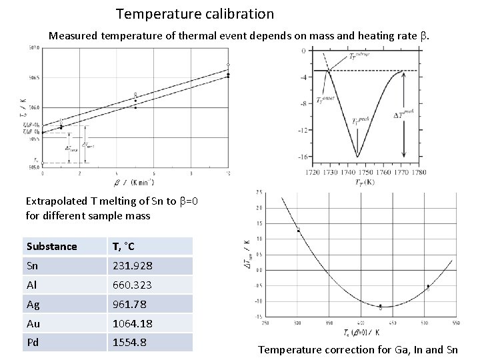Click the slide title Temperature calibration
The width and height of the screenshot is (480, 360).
[195, 13]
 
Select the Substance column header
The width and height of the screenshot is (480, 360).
[52, 247]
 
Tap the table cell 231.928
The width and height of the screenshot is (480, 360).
[132, 266]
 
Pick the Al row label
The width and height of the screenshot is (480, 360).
[33, 285]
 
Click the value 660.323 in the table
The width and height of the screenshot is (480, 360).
[132, 285]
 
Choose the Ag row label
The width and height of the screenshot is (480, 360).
[33, 304]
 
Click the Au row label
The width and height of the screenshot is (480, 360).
[33, 323]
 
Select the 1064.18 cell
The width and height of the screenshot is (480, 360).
[132, 323]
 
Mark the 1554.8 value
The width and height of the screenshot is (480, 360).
[129, 342]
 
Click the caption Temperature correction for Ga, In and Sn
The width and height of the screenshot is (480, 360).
[358, 349]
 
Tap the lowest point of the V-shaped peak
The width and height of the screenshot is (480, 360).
[358, 157]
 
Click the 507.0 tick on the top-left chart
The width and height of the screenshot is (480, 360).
[33, 48]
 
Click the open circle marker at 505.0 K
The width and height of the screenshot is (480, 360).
[43, 163]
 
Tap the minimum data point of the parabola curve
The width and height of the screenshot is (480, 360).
[380, 307]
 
